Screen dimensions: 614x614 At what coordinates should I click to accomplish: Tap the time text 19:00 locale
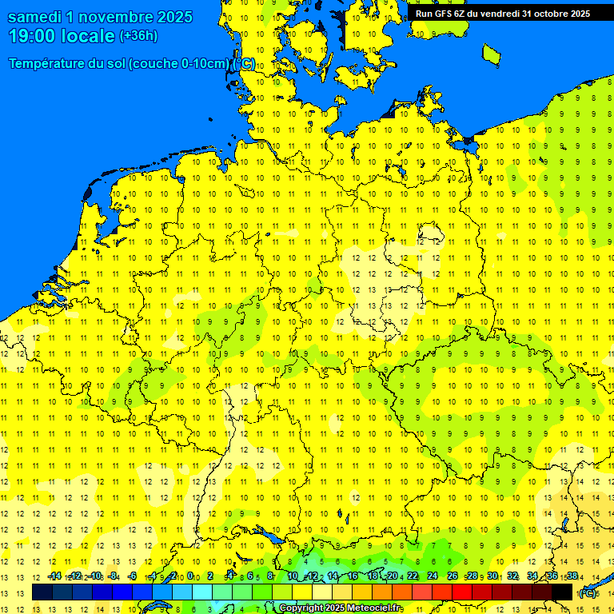(62, 36)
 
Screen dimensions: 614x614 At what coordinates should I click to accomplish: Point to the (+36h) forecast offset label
(138, 36)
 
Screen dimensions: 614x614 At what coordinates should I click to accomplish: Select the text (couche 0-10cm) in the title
(181, 64)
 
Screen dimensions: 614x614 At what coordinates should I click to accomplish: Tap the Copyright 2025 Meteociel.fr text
(340, 608)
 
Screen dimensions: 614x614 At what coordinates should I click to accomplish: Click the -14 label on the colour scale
(54, 576)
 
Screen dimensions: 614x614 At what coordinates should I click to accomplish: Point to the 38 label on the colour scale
(572, 576)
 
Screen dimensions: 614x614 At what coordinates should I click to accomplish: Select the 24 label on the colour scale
(433, 576)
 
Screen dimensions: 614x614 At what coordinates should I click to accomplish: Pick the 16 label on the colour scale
(353, 576)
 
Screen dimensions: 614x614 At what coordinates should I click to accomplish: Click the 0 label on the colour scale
(190, 576)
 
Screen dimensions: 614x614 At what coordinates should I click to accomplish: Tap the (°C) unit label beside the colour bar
(588, 593)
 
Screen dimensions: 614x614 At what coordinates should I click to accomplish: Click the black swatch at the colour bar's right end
(562, 592)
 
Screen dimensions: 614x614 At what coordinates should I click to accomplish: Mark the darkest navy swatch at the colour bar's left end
(42, 592)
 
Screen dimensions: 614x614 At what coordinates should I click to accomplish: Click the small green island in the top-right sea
(492, 53)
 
